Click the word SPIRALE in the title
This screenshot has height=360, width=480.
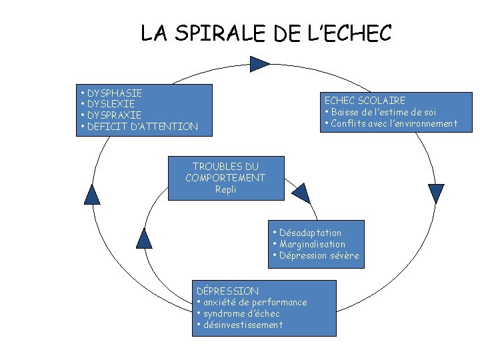click(x=219, y=33)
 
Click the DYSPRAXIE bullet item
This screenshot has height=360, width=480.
click(x=114, y=115)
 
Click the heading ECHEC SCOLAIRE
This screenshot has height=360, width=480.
click(x=365, y=101)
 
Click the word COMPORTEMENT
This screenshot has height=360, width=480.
click(x=225, y=177)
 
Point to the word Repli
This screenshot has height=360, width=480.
click(x=225, y=189)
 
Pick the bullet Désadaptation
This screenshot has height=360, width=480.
click(x=310, y=233)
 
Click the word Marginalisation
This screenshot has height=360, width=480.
click(x=313, y=244)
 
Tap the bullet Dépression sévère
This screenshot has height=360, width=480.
click(x=319, y=255)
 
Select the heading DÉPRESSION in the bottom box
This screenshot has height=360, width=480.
click(x=228, y=291)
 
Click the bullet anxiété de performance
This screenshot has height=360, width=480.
click(x=255, y=302)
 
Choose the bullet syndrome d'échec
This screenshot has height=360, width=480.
click(x=241, y=313)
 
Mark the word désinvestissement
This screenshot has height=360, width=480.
click(x=243, y=325)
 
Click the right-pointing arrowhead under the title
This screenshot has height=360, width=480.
click(x=259, y=63)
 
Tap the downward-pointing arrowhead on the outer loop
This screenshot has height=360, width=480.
click(x=436, y=193)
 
